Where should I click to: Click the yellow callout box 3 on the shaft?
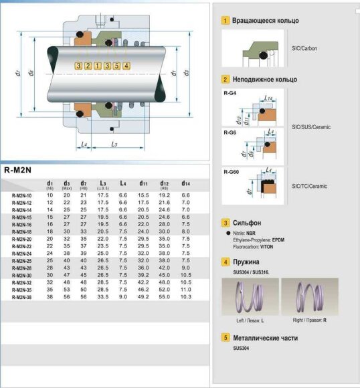[x=79, y=66]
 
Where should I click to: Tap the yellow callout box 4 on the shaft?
[x=126, y=66]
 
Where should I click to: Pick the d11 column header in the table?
[x=143, y=183]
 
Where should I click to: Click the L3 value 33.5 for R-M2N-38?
[x=103, y=296]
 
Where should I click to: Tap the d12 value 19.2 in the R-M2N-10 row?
[x=164, y=195]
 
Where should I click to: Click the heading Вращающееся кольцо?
[x=266, y=21]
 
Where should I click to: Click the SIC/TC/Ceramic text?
[x=310, y=185]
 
